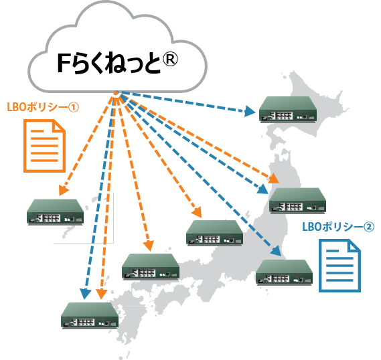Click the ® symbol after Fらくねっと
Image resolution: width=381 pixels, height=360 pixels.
click(170, 60)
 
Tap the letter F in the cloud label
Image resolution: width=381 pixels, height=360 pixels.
click(64, 63)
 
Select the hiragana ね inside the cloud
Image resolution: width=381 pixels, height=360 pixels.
click(115, 63)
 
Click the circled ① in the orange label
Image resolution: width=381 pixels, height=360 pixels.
click(74, 107)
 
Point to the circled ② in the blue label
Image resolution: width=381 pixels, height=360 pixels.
click(369, 228)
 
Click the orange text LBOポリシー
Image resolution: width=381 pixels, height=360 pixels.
click(37, 107)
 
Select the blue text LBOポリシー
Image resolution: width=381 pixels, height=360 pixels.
click(333, 227)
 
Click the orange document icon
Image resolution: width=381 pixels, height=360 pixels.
click(45, 146)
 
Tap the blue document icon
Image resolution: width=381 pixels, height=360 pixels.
click(339, 266)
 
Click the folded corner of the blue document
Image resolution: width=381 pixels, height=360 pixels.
click(355, 245)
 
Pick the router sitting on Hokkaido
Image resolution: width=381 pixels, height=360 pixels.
click(288, 110)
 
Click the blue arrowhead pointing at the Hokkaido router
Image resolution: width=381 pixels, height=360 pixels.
click(250, 111)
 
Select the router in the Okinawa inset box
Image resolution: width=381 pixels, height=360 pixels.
click(56, 212)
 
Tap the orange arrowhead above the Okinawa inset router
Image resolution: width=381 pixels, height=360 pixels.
click(64, 190)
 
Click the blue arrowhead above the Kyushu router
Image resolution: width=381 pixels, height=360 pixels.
click(85, 294)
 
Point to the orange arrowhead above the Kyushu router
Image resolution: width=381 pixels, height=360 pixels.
click(102, 294)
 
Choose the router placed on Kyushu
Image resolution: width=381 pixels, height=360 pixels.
click(90, 316)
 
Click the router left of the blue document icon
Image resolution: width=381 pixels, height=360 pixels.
click(285, 272)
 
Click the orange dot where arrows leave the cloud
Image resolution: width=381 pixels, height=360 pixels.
click(116, 93)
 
